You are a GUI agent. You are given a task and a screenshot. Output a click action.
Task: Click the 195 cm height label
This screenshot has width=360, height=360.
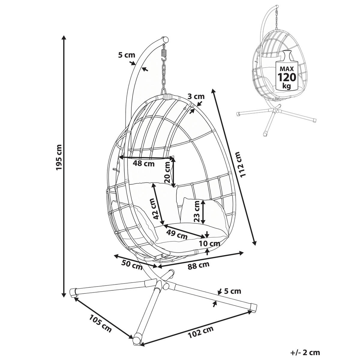[x=59, y=157]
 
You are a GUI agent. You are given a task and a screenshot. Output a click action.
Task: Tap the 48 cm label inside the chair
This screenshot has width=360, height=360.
[x=143, y=164]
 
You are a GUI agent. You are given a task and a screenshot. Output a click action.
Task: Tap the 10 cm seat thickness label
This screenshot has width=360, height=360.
[x=209, y=244]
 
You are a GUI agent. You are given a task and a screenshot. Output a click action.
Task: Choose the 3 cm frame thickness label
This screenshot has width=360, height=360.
[x=196, y=97]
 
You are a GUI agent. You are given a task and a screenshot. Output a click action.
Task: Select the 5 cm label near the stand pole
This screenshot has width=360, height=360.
[x=127, y=55]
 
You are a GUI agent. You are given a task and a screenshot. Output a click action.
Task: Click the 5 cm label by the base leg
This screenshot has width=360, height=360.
[x=232, y=291]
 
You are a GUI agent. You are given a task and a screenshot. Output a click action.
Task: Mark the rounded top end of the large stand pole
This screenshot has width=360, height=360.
[x=165, y=40]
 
